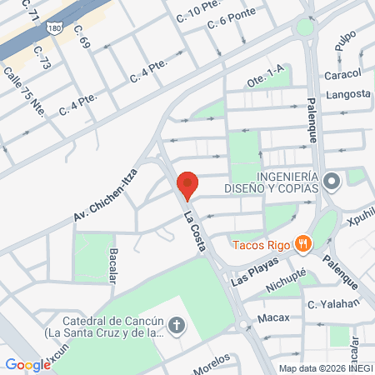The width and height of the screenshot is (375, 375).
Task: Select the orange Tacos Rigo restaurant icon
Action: click(x=306, y=243)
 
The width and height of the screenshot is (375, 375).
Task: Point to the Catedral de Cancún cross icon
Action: click(x=177, y=325)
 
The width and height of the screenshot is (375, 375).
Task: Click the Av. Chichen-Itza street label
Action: click(x=105, y=192)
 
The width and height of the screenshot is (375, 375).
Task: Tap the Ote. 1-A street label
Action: click(x=265, y=80)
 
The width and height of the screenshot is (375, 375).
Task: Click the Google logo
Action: click(x=28, y=364)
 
